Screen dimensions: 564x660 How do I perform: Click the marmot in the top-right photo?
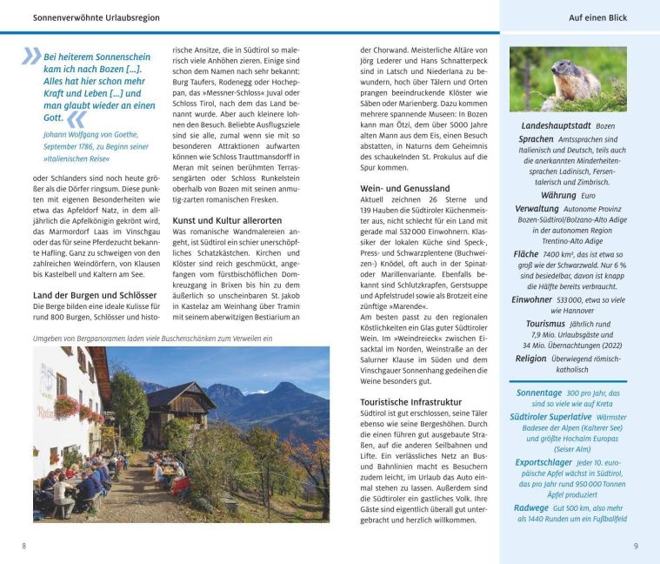pos(575,82)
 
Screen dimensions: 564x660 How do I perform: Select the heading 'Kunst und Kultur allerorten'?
pos(227,220)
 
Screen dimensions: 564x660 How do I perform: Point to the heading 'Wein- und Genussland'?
pos(404,188)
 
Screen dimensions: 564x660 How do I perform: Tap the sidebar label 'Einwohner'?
pos(532,299)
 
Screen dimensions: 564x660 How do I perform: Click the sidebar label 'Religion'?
pos(530,358)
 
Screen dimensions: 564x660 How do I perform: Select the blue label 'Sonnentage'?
pos(539,393)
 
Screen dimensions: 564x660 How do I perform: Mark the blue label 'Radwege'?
pos(531,507)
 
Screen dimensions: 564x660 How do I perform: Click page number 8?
pos(23,546)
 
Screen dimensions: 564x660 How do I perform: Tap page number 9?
pos(636,546)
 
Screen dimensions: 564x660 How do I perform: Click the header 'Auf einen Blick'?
pos(597,17)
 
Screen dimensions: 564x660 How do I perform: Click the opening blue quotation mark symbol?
pos(32,57)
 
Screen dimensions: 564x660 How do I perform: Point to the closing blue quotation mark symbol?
pos(77,118)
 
